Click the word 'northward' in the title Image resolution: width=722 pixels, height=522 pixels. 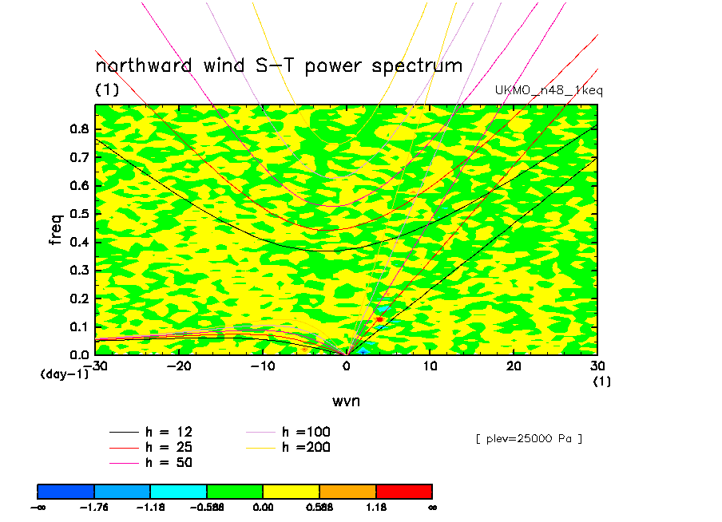coord(143,65)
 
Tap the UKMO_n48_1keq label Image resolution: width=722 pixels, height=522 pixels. coord(549,90)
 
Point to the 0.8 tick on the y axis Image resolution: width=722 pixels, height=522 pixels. coord(80,129)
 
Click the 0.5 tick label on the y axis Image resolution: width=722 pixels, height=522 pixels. coord(80,214)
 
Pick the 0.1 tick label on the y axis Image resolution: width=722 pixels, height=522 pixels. coord(80,326)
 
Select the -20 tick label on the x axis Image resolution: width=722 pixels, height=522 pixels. coord(179,366)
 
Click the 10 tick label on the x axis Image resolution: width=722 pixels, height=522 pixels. coord(430,366)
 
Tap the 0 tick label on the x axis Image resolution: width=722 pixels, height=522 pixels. coord(347,366)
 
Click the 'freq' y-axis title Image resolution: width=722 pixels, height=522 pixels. coord(55,229)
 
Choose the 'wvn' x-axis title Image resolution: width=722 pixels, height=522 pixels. coord(346,401)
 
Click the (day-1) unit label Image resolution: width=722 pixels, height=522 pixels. coord(65,374)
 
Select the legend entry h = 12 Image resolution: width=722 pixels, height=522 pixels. coord(151,432)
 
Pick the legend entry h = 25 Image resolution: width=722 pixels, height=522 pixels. coord(151,447)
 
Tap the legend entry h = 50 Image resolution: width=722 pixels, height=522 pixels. coord(151,462)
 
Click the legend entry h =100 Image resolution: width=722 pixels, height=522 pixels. coord(288,432)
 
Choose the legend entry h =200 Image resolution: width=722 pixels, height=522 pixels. coord(288,447)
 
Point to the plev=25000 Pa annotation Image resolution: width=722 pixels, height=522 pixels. coord(529,439)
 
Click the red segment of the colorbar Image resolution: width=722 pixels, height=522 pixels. coord(404,492)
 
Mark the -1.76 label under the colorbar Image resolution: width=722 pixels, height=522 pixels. coord(94,508)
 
